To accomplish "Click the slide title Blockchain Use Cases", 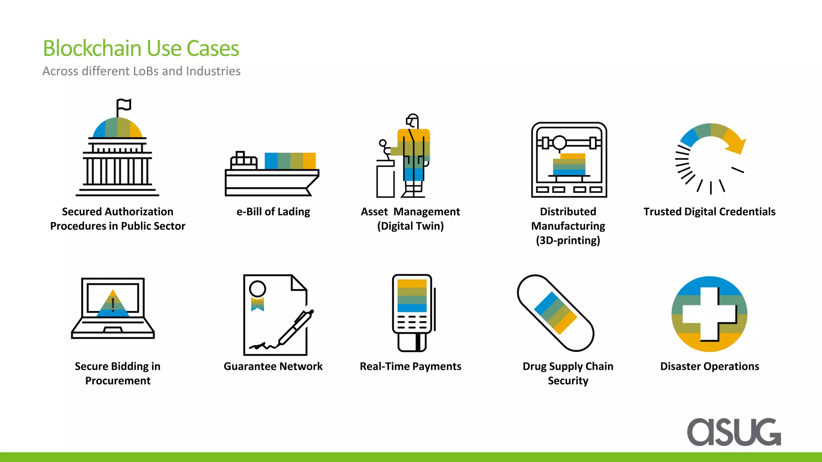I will click(x=141, y=49).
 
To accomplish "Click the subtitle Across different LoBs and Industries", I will click(x=141, y=71).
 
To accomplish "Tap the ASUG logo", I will click(x=734, y=432).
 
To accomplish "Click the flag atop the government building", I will click(x=124, y=105).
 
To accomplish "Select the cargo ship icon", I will click(x=272, y=174).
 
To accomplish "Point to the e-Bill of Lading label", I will click(x=273, y=211).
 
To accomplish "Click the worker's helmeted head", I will click(x=412, y=121).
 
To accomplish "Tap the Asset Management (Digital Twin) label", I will click(x=410, y=219).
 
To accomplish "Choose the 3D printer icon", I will click(x=569, y=160).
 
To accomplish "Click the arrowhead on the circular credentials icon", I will click(x=738, y=147).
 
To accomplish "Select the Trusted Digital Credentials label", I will click(x=709, y=211).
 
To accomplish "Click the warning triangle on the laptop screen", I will click(x=113, y=304).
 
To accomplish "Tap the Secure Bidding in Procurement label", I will click(x=118, y=373).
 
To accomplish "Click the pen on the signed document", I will click(x=296, y=327).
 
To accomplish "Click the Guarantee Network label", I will click(x=273, y=366).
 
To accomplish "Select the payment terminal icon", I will click(x=413, y=313).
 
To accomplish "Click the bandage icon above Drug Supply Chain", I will click(x=555, y=313).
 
